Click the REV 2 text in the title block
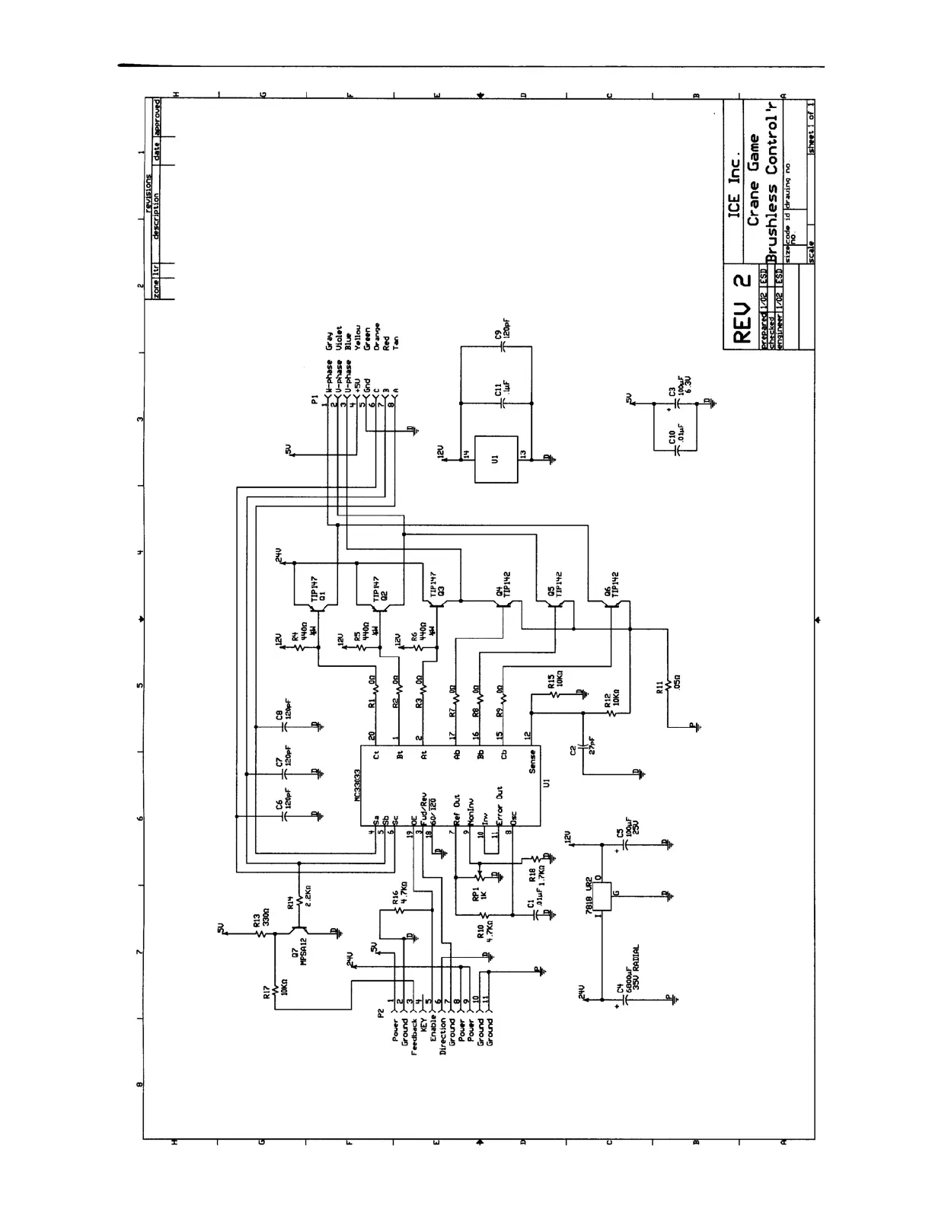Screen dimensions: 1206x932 (741, 308)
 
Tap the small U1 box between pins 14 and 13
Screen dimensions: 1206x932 (496, 459)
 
